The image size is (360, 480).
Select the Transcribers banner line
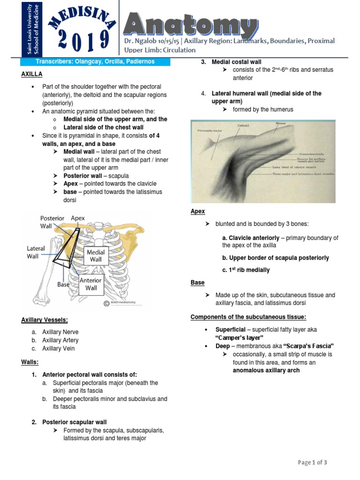pyautogui.click(x=95, y=62)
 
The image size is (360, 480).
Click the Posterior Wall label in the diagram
pyautogui.click(x=52, y=222)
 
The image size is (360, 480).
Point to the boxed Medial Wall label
pyautogui.click(x=96, y=255)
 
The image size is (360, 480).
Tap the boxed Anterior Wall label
pyautogui.click(x=91, y=284)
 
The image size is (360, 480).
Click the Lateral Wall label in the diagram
pyautogui.click(x=36, y=252)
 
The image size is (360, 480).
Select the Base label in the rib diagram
pyautogui.click(x=63, y=284)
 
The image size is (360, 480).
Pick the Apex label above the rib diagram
pyautogui.click(x=78, y=218)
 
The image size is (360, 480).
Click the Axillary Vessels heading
pyautogui.click(x=45, y=320)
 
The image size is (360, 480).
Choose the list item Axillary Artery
pyautogui.click(x=60, y=340)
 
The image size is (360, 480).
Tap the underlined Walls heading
pyautogui.click(x=29, y=362)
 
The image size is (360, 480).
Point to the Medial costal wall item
pyautogui.click(x=237, y=62)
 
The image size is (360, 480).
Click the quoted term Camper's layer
pyautogui.click(x=240, y=337)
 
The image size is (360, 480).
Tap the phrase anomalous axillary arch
pyautogui.click(x=266, y=370)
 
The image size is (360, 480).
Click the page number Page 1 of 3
pyautogui.click(x=313, y=463)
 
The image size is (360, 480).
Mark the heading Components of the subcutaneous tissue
pyautogui.click(x=248, y=317)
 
